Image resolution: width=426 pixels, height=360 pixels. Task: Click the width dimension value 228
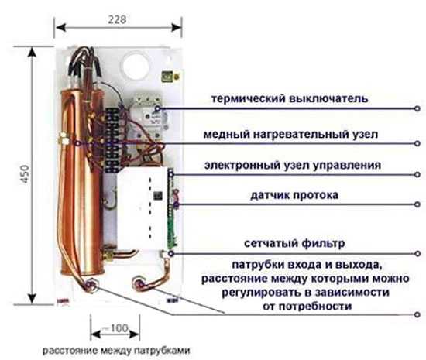pos(118,19)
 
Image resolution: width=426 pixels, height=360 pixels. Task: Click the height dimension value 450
pos(25,173)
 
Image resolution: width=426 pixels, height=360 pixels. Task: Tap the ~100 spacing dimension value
pos(115,328)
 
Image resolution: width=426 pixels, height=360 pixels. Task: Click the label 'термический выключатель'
pos(290,98)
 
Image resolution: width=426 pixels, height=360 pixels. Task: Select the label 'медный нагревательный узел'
pos(290,134)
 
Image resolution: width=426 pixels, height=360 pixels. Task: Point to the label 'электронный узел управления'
pos(293,165)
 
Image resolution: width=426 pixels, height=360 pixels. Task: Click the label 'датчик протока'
pos(294,195)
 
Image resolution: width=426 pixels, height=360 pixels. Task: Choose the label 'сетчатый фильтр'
pos(294,243)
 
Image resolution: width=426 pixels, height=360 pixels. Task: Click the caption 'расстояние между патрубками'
pos(116,350)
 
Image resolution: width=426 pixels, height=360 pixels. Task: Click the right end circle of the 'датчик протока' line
pos(417,204)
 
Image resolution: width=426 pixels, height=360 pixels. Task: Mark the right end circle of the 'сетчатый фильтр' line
pos(417,254)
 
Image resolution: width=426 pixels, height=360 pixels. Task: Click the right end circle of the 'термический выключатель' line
pos(417,108)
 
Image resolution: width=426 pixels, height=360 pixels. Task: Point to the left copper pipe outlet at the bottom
pos(91,286)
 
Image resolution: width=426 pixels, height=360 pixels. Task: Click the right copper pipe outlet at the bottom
pos(139,284)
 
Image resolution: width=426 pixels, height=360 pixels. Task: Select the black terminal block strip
pos(112,141)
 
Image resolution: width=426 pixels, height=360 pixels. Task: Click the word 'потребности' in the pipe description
pos(315,307)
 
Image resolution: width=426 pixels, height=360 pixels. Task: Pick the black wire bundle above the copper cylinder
pos(84,61)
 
